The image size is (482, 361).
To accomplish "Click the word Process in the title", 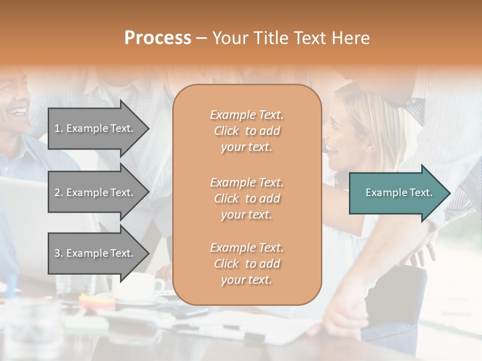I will coord(158,38).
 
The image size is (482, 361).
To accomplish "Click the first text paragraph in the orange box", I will coord(247,131).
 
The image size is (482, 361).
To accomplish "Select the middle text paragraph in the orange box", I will coord(247,199).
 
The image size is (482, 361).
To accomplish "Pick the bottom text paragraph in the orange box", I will coord(247,264).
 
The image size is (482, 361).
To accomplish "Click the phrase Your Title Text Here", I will coord(291,38).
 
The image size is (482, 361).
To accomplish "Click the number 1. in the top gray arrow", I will coord(59,128).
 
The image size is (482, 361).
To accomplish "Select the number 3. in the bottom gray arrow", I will coord(59,253).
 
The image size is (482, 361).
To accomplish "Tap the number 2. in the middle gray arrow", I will coord(59,193).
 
